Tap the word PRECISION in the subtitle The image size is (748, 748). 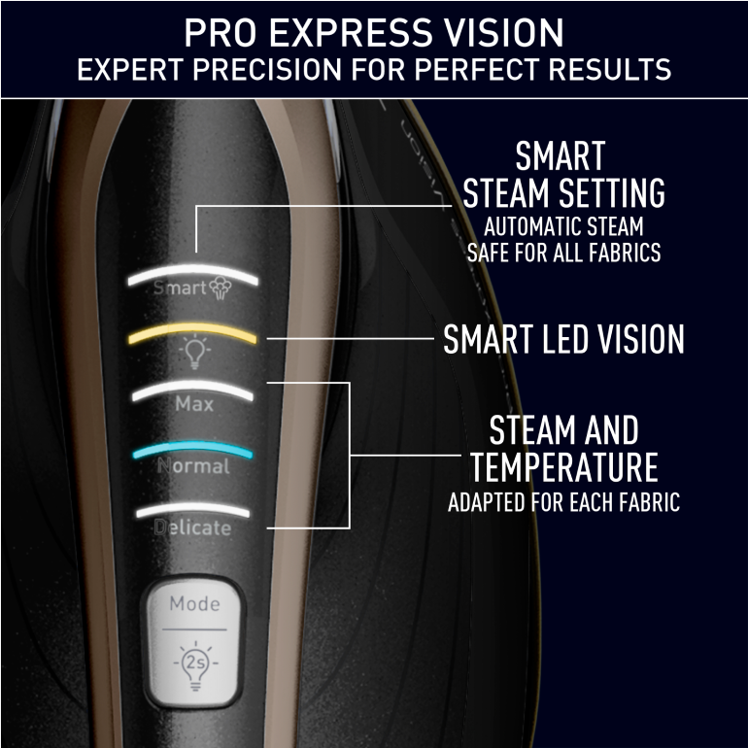tap(267, 70)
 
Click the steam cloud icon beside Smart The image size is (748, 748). tap(221, 289)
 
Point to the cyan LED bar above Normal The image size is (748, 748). tap(192, 448)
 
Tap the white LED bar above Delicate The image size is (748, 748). tap(192, 509)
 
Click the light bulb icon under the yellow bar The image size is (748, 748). tap(194, 352)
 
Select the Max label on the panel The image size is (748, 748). tap(194, 404)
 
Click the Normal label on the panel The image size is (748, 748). tap(193, 465)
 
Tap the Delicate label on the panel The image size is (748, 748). tap(192, 527)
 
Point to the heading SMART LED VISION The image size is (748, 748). tap(563, 339)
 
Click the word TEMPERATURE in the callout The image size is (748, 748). tap(563, 468)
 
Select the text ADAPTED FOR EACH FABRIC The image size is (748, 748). tap(563, 502)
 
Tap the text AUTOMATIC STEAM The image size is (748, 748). tap(563, 226)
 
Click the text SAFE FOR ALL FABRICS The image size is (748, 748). tap(563, 253)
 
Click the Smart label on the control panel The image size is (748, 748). tap(180, 288)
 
